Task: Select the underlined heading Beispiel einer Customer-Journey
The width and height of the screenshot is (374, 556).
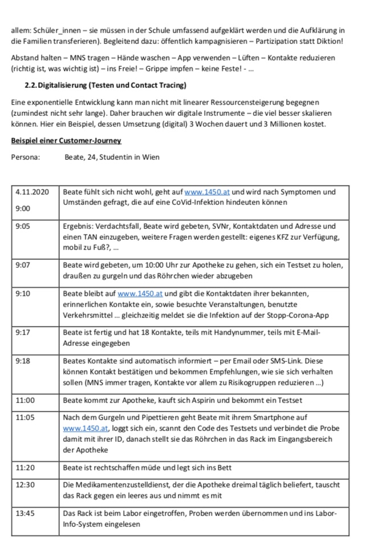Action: [x=66, y=140]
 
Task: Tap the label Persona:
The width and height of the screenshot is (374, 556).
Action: [x=26, y=157]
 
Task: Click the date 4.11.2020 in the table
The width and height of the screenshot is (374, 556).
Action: [x=32, y=192]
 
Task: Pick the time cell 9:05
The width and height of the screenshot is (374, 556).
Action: [x=23, y=227]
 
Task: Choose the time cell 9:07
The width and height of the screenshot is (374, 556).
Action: [x=23, y=265]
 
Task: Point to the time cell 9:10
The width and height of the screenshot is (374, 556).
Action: [x=23, y=294]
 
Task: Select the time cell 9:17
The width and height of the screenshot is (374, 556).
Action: [x=23, y=333]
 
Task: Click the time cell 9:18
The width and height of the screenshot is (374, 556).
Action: [x=23, y=361]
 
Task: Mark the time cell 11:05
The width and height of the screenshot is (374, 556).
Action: [x=25, y=418]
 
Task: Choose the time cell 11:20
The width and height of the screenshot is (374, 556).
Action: [x=25, y=467]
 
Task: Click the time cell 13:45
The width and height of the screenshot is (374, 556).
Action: [x=25, y=514]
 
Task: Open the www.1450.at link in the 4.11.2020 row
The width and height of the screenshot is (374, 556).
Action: [x=207, y=192]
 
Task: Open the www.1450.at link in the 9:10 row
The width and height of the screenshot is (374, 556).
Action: [x=140, y=294]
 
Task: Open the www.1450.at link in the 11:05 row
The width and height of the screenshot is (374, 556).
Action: [x=86, y=428]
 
